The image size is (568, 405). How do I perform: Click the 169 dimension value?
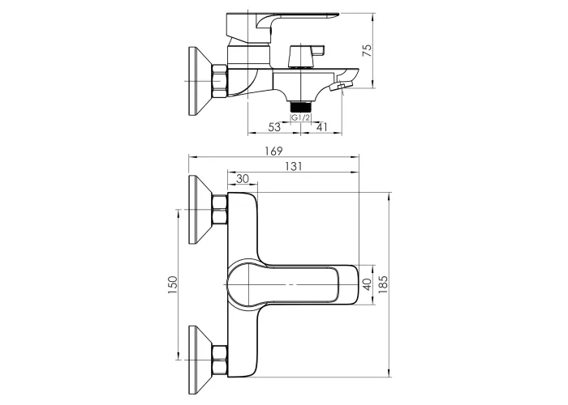274,151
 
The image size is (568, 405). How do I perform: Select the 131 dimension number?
293,166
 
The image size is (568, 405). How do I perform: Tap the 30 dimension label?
243,179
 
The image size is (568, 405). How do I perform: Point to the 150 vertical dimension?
173,284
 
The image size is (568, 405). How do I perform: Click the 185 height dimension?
383,284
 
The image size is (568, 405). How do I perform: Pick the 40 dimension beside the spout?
367,284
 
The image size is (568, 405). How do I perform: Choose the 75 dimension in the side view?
367,50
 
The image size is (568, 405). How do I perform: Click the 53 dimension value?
274,127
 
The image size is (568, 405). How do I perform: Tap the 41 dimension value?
321,127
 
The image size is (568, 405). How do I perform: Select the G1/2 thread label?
301,117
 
